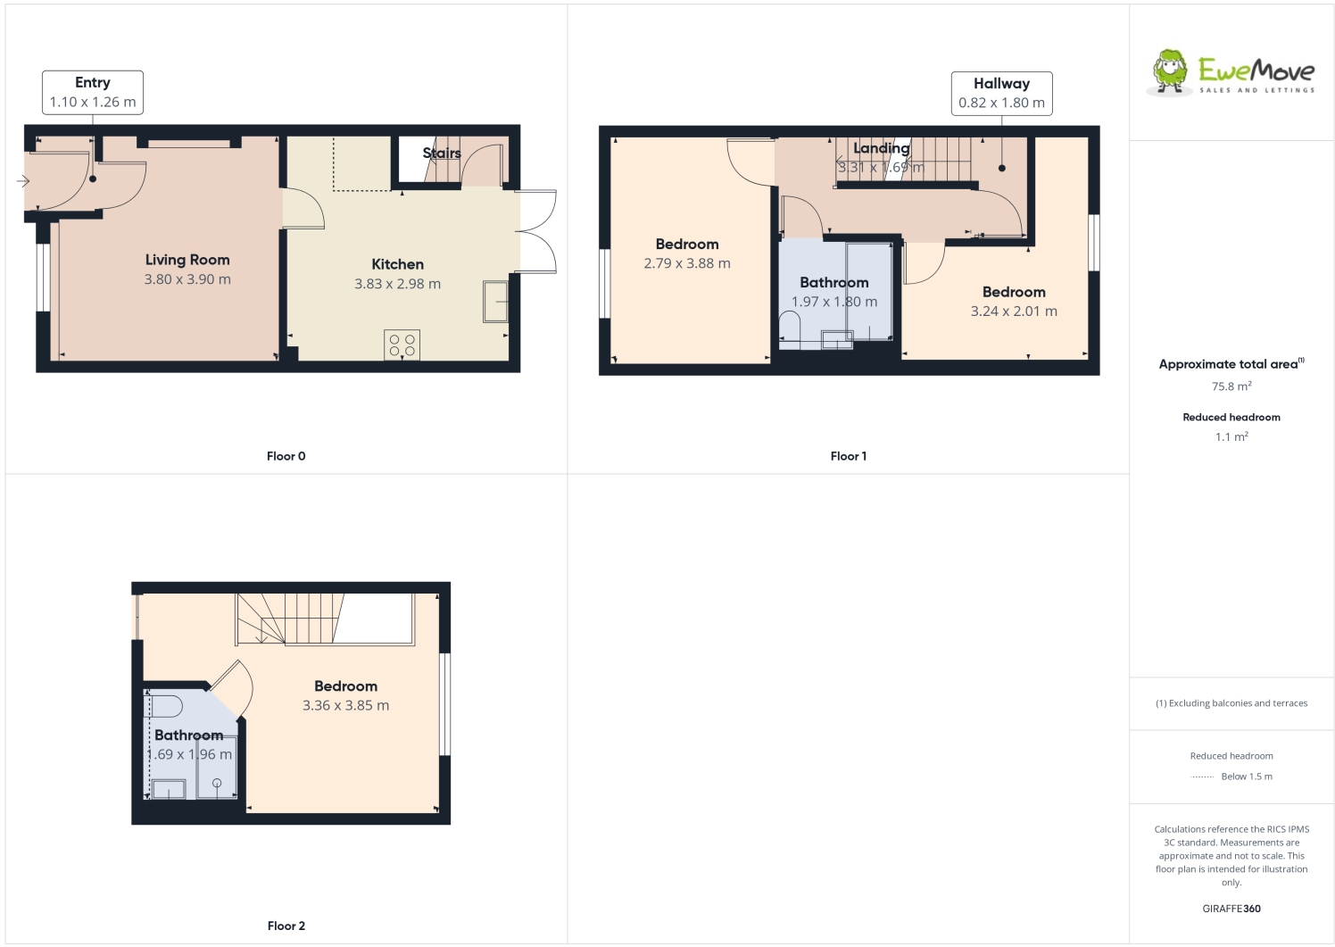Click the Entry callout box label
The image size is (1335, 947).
[93, 83]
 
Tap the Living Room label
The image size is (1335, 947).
[187, 260]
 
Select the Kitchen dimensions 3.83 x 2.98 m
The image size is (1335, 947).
[397, 284]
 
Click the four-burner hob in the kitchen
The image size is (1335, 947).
[402, 345]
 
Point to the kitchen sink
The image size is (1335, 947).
[495, 301]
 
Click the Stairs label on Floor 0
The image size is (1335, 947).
[442, 154]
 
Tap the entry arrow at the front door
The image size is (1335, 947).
[23, 181]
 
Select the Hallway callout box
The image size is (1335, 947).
[1001, 94]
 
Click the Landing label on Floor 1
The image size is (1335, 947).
[881, 148]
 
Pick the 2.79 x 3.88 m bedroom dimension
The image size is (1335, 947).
[687, 263]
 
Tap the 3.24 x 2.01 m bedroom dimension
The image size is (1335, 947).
[1014, 312]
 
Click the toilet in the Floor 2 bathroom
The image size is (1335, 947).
[166, 706]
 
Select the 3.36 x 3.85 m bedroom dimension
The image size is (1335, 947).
[345, 705]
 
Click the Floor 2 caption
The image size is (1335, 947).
[286, 926]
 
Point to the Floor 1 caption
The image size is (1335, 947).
[848, 456]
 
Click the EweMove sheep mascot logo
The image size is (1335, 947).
[1170, 71]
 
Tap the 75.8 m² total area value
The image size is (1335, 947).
[1231, 386]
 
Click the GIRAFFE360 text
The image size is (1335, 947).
[1231, 909]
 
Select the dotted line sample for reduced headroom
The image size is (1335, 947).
[1202, 777]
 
